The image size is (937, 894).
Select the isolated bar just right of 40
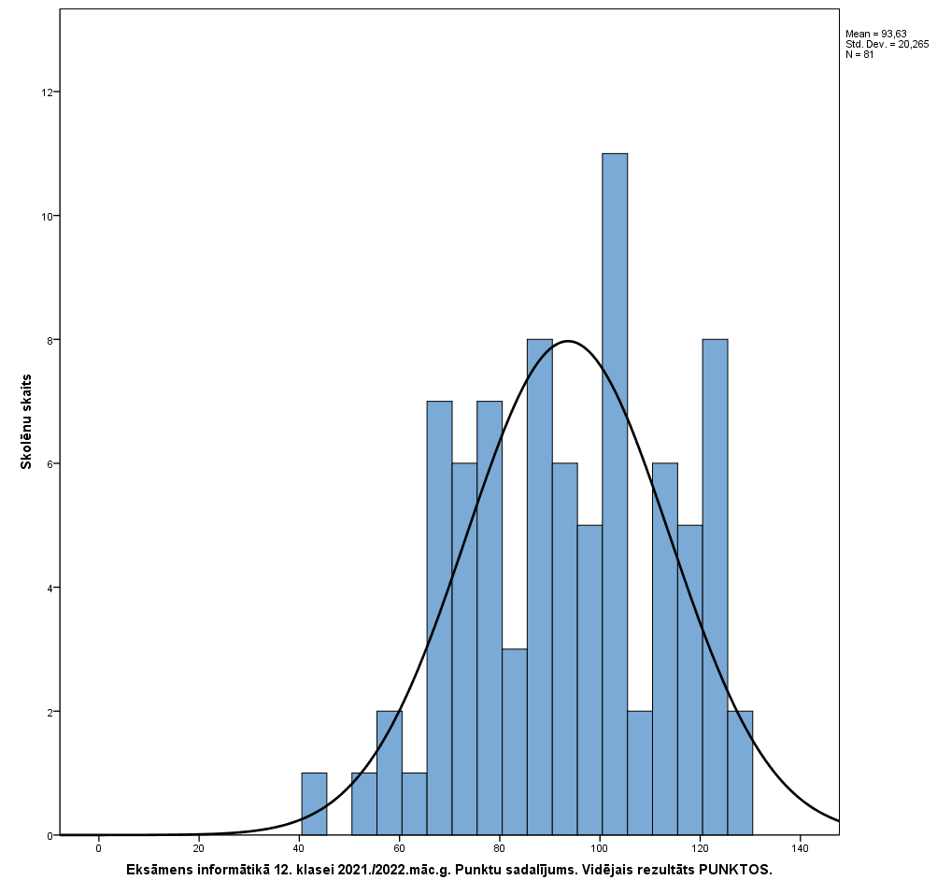pos(314,803)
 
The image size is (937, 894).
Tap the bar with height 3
pos(515,742)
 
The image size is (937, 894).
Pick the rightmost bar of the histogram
pos(740,773)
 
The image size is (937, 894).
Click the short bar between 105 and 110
pos(640,773)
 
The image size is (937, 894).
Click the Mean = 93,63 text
pos(875,35)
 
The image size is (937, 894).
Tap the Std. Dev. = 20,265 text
pos(887,45)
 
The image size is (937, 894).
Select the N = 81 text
pos(859,55)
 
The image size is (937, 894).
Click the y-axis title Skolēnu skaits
pos(27,421)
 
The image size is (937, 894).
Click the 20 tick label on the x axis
pos(198,848)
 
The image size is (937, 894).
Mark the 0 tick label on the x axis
pos(98,848)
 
